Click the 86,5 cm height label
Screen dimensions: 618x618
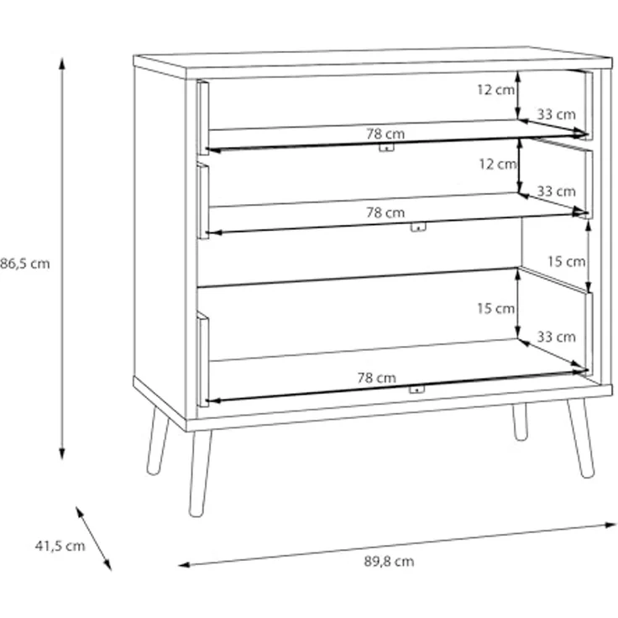[25, 263]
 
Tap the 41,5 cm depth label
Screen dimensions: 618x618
[60, 546]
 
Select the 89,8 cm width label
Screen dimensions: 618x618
[388, 562]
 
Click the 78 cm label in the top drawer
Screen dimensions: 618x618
[385, 133]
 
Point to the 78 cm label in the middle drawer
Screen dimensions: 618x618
[385, 213]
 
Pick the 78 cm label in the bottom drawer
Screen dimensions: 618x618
[376, 378]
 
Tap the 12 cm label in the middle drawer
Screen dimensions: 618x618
[497, 165]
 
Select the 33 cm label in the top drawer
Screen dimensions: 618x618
[556, 114]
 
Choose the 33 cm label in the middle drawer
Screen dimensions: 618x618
[556, 191]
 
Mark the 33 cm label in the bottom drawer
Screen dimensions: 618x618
[556, 338]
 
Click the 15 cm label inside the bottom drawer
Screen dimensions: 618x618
[495, 308]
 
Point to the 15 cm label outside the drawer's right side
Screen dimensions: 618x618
[566, 261]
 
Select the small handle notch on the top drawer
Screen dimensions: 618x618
[385, 147]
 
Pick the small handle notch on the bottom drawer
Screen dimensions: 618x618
[414, 390]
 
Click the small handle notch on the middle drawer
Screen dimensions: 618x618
[419, 227]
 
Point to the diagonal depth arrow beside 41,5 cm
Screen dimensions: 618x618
[93, 537]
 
